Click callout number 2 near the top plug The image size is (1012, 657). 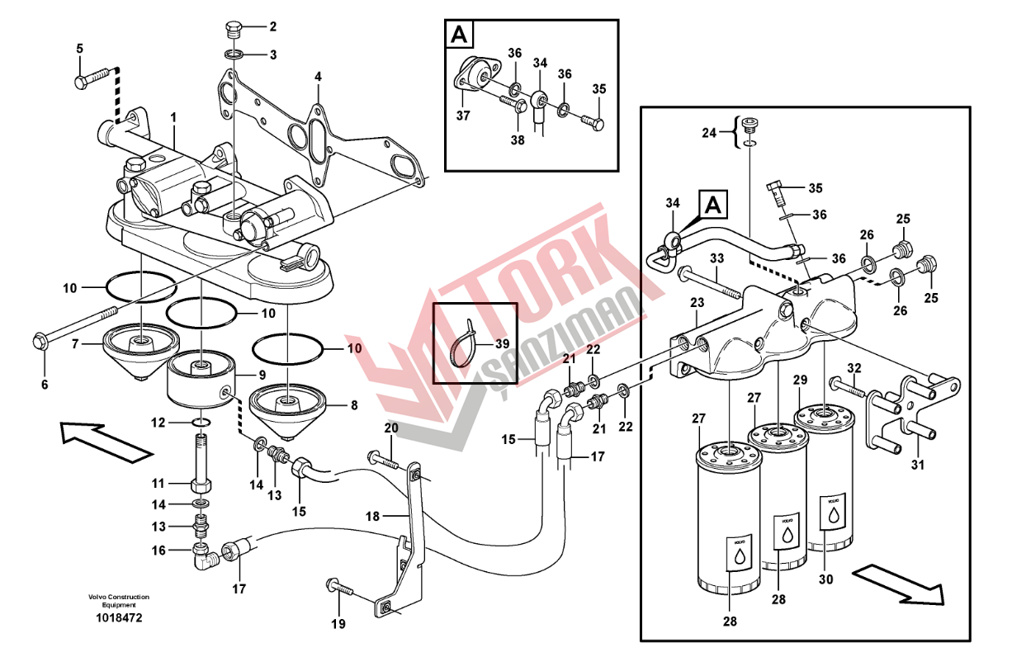click(x=272, y=26)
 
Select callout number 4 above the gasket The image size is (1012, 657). click(x=318, y=77)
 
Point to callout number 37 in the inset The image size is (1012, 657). click(x=463, y=116)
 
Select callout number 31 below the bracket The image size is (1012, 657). click(x=917, y=466)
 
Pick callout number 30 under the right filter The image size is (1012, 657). click(x=825, y=579)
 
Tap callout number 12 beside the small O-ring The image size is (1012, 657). click(x=158, y=423)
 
